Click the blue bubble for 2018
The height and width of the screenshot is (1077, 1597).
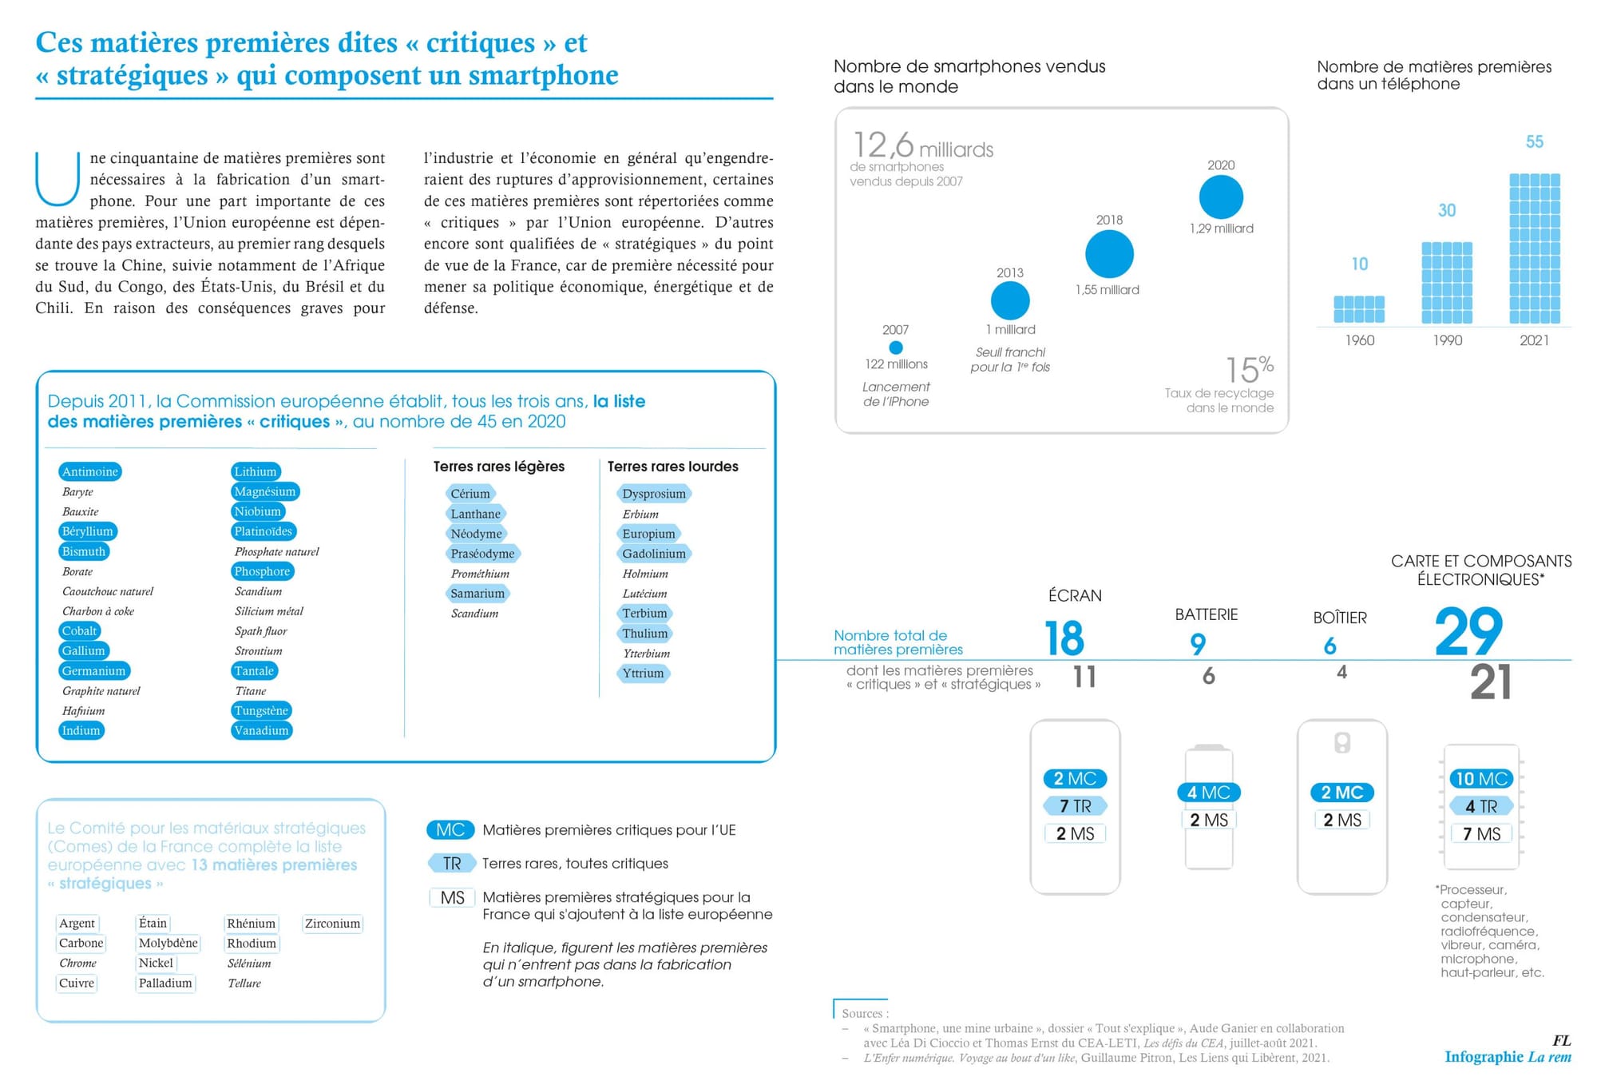click(1109, 254)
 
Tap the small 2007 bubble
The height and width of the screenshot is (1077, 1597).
click(896, 348)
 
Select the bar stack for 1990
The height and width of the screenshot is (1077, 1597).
click(1447, 283)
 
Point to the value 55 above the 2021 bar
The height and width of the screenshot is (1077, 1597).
click(1535, 142)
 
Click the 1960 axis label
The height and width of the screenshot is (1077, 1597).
click(1360, 340)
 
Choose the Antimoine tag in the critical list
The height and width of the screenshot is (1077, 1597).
click(90, 471)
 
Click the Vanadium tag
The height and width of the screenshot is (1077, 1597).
click(261, 730)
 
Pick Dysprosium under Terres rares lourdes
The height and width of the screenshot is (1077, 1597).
click(654, 494)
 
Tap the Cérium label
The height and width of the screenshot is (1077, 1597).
click(470, 494)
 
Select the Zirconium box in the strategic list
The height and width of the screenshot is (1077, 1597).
click(332, 924)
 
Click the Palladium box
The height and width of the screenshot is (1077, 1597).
click(165, 983)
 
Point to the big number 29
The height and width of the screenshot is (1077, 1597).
click(1468, 632)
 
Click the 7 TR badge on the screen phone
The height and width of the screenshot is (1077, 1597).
click(1075, 806)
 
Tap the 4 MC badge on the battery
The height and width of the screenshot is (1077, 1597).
click(1208, 793)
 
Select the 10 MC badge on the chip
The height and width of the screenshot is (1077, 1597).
click(1481, 779)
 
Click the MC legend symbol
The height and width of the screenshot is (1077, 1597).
click(450, 830)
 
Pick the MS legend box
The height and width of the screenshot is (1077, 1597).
click(452, 898)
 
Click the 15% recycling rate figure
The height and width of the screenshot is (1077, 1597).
click(1249, 370)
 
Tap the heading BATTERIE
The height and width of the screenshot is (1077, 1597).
click(1206, 614)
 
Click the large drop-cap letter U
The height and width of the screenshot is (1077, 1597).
click(57, 179)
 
